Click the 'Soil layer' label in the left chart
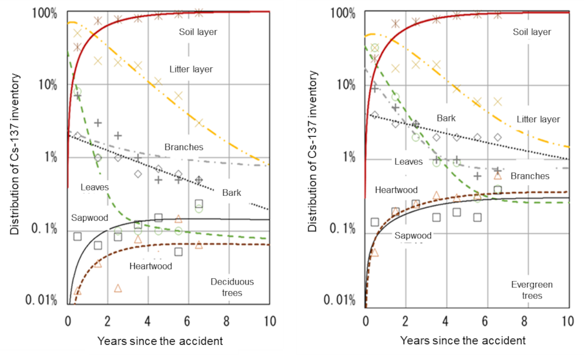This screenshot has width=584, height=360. coord(198,32)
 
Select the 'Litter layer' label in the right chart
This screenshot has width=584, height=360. coord(538,119)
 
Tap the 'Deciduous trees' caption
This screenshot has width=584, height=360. coord(232,288)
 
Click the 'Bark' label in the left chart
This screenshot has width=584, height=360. coord(232,192)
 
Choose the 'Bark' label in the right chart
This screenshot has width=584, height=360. coord(446,119)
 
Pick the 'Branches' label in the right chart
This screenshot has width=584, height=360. coord(529,176)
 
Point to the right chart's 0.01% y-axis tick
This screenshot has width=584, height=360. coord(342,300)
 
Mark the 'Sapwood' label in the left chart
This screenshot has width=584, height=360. coord(90,217)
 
